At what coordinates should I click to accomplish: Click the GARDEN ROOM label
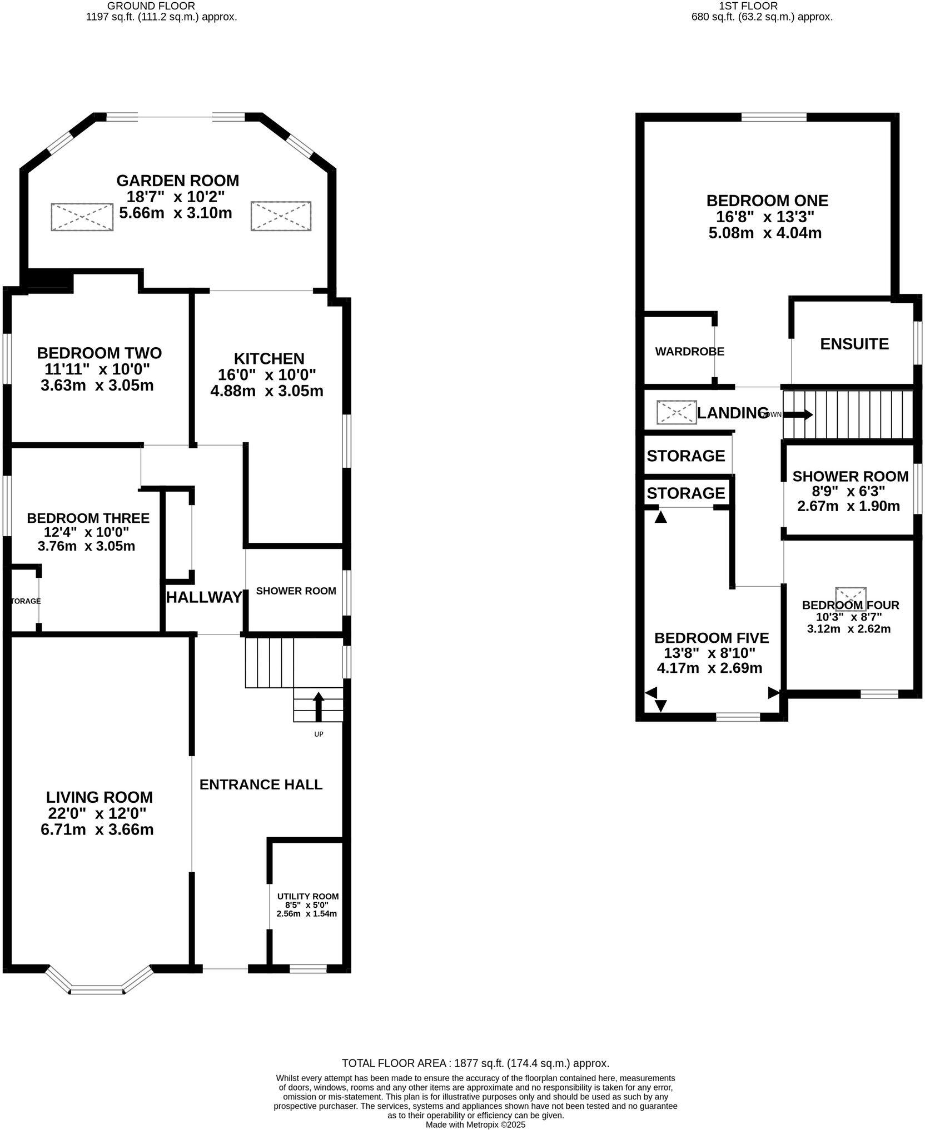tap(177, 181)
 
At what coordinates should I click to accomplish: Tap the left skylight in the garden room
tap(82, 217)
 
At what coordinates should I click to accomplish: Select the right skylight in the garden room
tap(281, 216)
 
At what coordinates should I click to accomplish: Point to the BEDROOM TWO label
tap(99, 353)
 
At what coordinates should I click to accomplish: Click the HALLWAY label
tap(204, 597)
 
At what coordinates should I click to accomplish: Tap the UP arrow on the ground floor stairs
tap(318, 706)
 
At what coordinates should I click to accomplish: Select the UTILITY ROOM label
tap(307, 896)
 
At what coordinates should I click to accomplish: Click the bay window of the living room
tap(98, 990)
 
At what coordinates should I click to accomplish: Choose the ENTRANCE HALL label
tap(261, 784)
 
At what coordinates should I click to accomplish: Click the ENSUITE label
tap(854, 344)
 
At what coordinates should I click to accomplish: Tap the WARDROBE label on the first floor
tap(689, 352)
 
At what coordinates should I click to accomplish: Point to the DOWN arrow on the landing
tap(797, 414)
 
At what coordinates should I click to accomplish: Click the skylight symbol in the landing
tap(676, 412)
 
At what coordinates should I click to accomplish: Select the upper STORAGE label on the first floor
tap(685, 456)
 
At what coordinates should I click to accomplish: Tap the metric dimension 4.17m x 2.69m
tap(709, 668)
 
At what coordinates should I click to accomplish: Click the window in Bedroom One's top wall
tap(773, 117)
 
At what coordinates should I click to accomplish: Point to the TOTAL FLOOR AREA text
tap(475, 1063)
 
